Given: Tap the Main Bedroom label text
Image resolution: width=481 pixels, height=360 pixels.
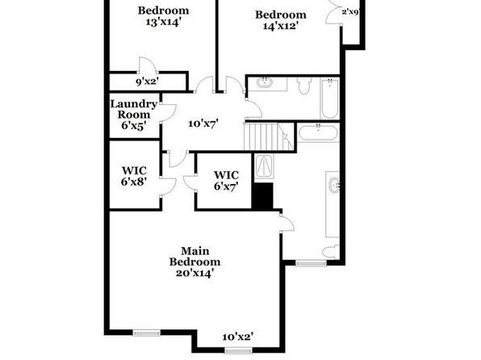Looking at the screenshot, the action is tap(194, 256).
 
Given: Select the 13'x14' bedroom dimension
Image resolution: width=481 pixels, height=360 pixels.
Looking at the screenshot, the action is tap(162, 22).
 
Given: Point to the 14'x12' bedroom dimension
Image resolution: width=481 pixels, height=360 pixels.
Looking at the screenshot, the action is tap(281, 26).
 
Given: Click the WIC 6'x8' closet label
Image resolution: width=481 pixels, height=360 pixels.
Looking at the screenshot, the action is tap(134, 176).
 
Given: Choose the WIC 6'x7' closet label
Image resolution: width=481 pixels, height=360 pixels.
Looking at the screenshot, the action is tap(226, 181).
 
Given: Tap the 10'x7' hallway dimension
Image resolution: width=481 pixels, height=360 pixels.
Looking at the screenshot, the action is tap(203, 123).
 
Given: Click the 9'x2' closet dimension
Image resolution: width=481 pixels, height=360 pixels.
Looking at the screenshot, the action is tap(147, 82).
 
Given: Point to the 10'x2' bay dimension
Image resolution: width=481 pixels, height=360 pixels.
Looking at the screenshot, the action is tap(238, 337).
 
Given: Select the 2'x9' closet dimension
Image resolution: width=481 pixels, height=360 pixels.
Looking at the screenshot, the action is tap(350, 12).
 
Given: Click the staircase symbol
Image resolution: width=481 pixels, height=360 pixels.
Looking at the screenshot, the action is tap(269, 136).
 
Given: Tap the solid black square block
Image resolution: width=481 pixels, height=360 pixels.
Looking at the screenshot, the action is tap(262, 196).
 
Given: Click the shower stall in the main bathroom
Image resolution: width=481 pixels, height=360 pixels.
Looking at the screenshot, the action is tap(264, 166).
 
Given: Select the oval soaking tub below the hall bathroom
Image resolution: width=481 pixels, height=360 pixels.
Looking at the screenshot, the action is tap(318, 132).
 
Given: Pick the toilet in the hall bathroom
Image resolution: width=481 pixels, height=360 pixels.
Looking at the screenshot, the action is tap(304, 86).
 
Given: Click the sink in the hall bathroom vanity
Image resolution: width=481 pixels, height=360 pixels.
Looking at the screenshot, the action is tap(265, 82).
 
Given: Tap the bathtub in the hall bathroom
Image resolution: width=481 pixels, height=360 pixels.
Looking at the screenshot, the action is tap(330, 98).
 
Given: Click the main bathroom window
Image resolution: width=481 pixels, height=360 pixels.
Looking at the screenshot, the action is tap(311, 263).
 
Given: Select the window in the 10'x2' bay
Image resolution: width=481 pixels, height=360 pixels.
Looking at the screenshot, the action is tap(238, 350).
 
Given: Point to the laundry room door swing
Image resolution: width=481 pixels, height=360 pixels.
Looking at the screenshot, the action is tap(168, 113).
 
